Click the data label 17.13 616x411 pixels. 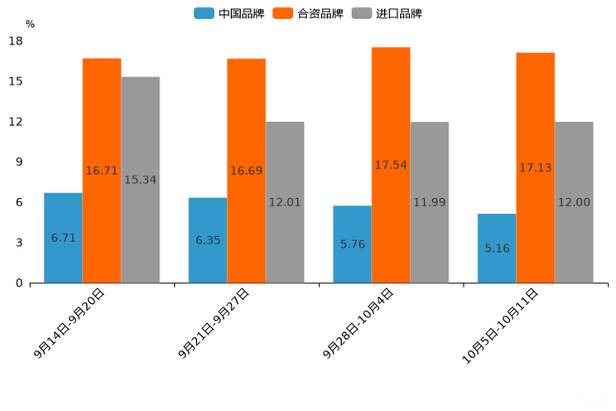(x=536, y=168)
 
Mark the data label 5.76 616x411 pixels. (x=353, y=244)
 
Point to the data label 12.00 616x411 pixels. (x=574, y=202)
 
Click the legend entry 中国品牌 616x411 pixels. (x=229, y=13)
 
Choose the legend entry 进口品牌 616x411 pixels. (x=387, y=13)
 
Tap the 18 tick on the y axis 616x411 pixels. (x=16, y=41)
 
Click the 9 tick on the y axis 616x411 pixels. (x=19, y=162)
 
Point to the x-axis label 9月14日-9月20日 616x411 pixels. (x=70, y=323)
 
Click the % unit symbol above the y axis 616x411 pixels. (x=30, y=25)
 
